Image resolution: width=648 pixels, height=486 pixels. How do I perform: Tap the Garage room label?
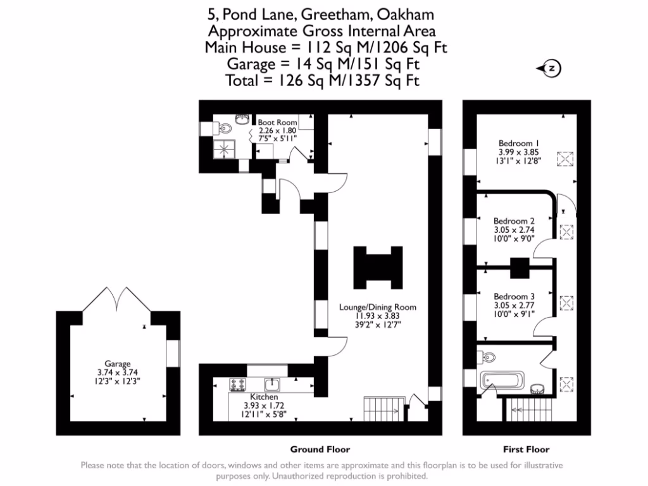click(x=118, y=364)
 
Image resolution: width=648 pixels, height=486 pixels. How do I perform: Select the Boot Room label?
click(x=277, y=122)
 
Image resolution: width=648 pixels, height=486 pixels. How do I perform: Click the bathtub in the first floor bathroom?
click(x=502, y=381)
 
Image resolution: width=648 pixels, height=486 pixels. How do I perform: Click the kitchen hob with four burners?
click(x=239, y=384)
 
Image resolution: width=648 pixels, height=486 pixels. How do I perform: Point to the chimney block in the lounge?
click(x=378, y=266)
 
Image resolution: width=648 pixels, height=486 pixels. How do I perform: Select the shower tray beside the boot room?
click(x=223, y=149)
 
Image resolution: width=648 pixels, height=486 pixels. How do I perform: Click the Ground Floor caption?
click(x=320, y=449)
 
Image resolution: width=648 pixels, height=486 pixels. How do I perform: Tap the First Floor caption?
click(x=526, y=449)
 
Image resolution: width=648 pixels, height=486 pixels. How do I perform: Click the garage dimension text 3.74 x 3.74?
click(x=118, y=373)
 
